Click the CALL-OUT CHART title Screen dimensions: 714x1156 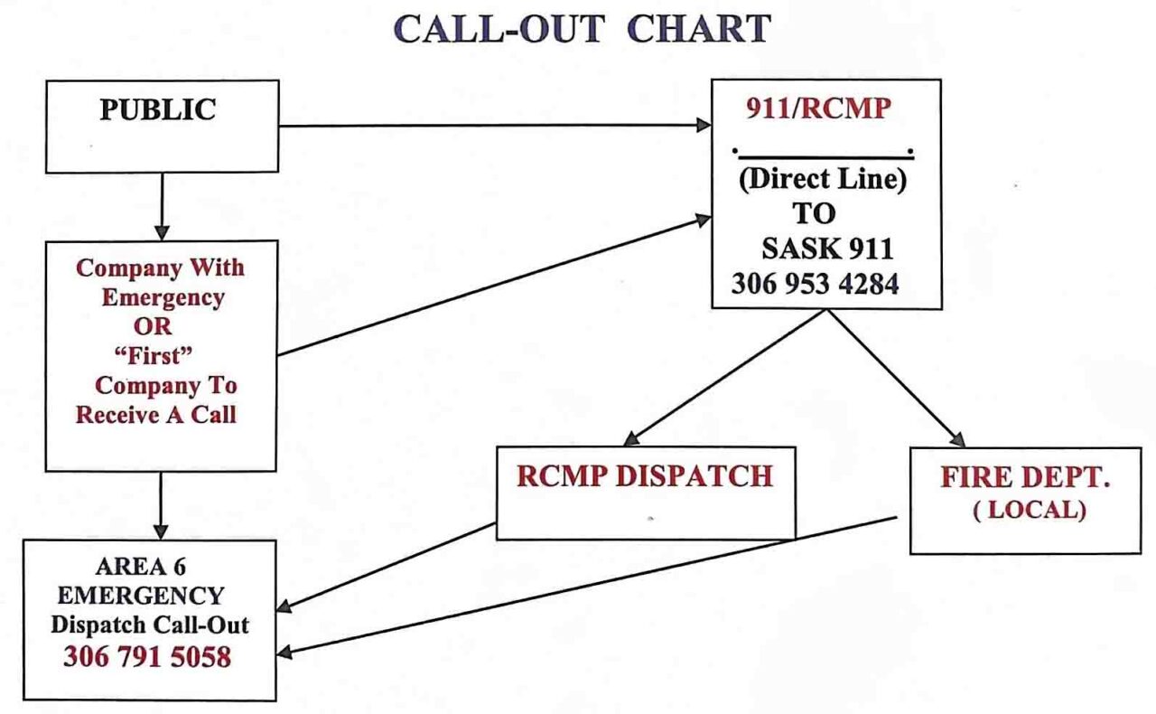[x=583, y=31]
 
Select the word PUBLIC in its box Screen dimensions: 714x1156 [x=158, y=110]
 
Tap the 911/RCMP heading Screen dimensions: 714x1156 [x=818, y=108]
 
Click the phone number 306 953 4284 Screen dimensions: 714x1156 [x=815, y=284]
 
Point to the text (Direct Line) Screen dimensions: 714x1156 [x=822, y=179]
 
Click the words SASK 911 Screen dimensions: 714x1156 [x=827, y=248]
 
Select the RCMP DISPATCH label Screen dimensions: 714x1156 [x=645, y=476]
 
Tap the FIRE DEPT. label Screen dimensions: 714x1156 [x=1025, y=478]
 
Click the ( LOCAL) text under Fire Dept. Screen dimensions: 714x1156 [x=1029, y=510]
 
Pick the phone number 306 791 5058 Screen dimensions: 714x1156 [x=147, y=657]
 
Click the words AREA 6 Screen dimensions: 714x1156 [x=140, y=568]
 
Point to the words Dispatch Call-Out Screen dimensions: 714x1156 [x=150, y=625]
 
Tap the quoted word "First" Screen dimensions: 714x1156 [x=160, y=355]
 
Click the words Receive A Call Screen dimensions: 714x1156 [x=155, y=415]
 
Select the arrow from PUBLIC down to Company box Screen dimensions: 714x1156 [x=162, y=206]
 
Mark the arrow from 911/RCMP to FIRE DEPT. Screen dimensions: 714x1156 [x=894, y=376]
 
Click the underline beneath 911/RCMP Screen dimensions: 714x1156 [x=823, y=157]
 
